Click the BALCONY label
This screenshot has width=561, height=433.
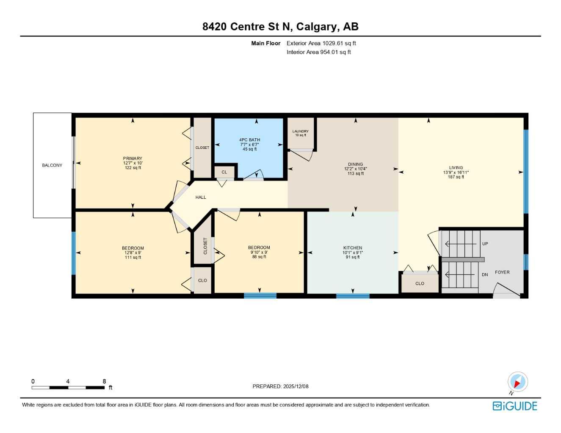click(52, 165)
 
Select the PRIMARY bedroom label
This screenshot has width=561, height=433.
click(133, 159)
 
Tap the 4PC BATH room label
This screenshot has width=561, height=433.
click(249, 140)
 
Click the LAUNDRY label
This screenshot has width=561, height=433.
click(300, 132)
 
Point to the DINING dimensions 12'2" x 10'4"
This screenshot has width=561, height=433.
click(355, 169)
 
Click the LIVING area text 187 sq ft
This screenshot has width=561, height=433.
click(456, 177)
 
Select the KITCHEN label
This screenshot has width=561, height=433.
click(353, 248)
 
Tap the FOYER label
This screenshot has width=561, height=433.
click(502, 272)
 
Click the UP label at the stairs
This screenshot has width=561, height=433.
click(485, 244)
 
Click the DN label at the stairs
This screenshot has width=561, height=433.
click(485, 275)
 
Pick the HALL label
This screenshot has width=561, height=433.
click(201, 197)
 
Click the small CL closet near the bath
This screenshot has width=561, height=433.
click(224, 173)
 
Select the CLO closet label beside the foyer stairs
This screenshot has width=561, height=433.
click(420, 284)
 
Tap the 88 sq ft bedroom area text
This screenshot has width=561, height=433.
click(259, 257)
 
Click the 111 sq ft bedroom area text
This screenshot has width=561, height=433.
click(133, 258)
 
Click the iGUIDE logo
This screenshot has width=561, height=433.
click(515, 406)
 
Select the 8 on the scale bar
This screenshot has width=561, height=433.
click(104, 381)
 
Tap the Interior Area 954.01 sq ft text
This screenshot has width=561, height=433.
click(318, 52)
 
